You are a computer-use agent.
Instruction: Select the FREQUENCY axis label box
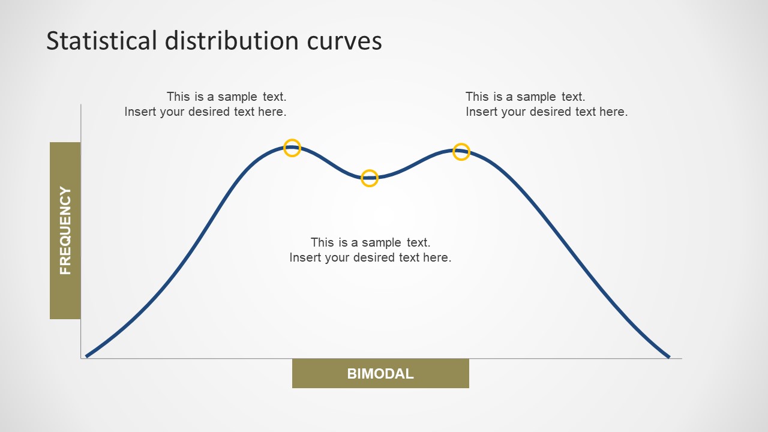65,230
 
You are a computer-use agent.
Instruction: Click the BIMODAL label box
380,374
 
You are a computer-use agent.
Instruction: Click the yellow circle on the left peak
292,148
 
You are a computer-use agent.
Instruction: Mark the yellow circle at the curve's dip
370,178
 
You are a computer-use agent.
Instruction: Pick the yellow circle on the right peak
461,152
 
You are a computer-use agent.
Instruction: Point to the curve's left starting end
87,356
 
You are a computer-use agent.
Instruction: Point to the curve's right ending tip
668,357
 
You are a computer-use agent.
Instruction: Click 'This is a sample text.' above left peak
226,97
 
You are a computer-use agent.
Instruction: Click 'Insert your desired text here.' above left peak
205,112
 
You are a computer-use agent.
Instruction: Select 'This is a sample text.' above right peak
525,97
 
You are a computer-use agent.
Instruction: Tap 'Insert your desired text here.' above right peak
547,112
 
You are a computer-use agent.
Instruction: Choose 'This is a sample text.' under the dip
370,242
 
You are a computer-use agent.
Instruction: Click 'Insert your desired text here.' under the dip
370,257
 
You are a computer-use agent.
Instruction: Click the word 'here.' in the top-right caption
613,112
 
